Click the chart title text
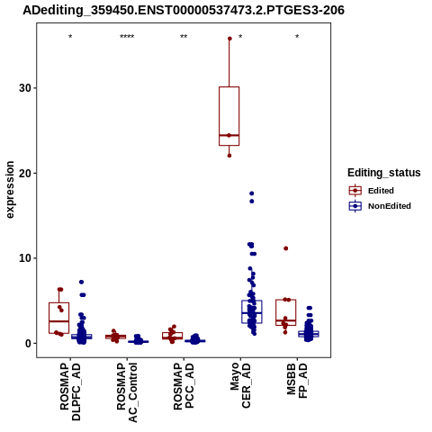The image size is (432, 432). [x=184, y=10]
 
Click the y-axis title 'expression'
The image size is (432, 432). [x=10, y=190]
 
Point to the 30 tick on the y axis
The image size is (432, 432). [x=25, y=88]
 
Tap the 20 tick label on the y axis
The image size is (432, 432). [x=25, y=173]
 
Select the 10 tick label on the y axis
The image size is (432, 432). [x=25, y=258]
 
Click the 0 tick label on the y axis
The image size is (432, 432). [x=29, y=343]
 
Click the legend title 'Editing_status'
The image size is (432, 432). [x=384, y=173]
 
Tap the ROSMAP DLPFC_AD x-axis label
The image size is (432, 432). [x=70, y=391]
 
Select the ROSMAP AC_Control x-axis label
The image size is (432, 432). [x=127, y=392]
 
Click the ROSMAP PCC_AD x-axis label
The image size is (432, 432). [x=184, y=386]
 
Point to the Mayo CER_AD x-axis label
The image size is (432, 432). [x=240, y=385]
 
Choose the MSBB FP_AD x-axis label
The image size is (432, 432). [x=297, y=381]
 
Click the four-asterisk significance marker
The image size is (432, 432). [x=127, y=37]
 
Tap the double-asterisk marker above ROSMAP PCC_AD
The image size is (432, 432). [x=184, y=37]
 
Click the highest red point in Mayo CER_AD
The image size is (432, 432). [x=229, y=39]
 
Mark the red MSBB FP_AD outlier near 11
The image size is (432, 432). [x=286, y=248]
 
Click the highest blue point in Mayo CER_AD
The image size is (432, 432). [x=252, y=193]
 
